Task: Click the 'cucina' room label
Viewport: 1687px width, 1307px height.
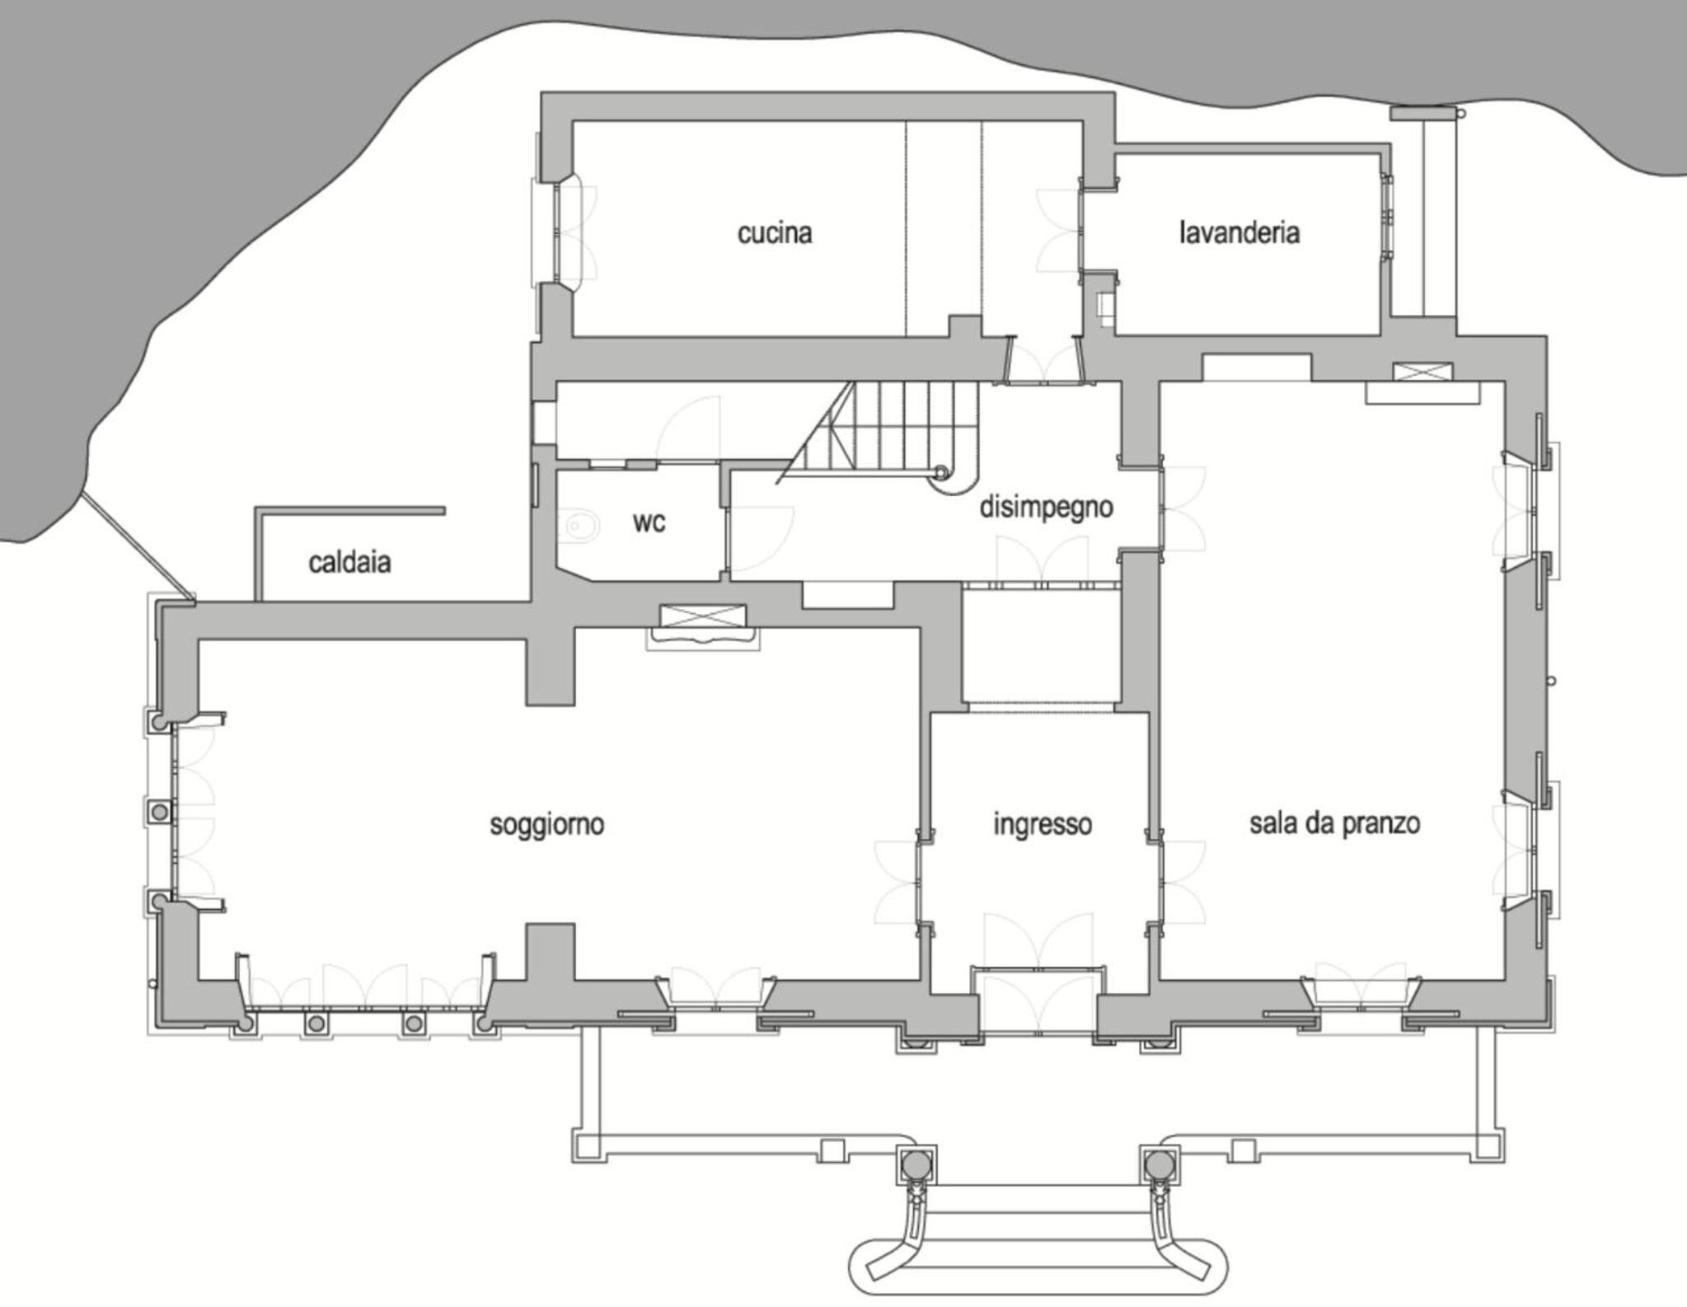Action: click(775, 233)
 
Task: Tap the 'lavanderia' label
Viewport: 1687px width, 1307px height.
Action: click(1239, 232)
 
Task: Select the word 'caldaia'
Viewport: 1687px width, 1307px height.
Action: click(349, 563)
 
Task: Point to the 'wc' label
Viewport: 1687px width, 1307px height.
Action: click(649, 522)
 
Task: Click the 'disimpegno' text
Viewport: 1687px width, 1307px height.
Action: click(1046, 507)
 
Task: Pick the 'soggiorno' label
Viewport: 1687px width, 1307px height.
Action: click(547, 824)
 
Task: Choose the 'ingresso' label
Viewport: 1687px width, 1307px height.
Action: click(1043, 824)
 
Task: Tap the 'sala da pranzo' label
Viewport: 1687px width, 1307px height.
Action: click(1335, 823)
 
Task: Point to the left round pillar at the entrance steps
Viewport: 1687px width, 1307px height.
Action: click(916, 1164)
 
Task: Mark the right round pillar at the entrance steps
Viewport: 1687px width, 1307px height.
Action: click(1160, 1164)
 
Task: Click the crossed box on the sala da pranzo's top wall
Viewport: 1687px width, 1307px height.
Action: click(1422, 371)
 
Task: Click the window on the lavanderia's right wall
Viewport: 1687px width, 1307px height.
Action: click(1387, 218)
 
